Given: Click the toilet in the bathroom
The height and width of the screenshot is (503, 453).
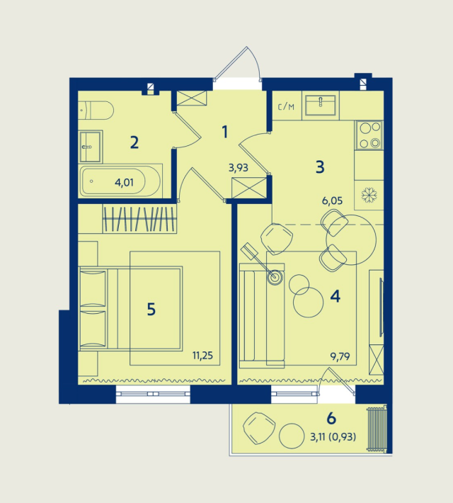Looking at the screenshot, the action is coord(96,111).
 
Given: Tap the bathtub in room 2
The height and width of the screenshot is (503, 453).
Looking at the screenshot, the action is coord(121,181).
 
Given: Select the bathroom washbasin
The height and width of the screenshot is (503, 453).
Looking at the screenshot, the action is coord(91,147).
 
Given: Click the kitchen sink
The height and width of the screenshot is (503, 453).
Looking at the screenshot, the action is coord(320,105).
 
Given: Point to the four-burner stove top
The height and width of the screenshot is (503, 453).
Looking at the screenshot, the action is coord(369,135).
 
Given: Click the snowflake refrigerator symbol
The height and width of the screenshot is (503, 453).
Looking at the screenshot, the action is coord(369,195).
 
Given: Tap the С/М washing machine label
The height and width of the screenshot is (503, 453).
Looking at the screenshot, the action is coord(286,107).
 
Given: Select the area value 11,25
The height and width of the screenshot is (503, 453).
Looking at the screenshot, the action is coord(202,356).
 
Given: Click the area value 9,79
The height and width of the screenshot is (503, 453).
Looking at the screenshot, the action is coord(340,356).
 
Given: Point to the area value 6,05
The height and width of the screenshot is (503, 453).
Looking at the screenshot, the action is coord(333,200).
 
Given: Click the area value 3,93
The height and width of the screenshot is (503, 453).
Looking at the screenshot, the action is coord(239,167).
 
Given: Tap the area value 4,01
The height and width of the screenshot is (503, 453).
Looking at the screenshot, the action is coord(124,183).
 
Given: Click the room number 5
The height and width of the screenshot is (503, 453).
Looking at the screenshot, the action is coord(151,310).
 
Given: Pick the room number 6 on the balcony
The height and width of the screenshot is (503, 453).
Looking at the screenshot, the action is coord(331,418).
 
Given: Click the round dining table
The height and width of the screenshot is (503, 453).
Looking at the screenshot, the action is coord(351,239).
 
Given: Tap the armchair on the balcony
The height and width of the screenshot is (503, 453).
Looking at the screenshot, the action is coord(259,428).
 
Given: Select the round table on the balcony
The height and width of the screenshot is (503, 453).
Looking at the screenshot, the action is coord(292,436).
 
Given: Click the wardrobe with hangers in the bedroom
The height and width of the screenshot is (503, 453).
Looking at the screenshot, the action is coord(139,219).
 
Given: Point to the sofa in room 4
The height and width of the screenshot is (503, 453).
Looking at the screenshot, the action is coord(262,316).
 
